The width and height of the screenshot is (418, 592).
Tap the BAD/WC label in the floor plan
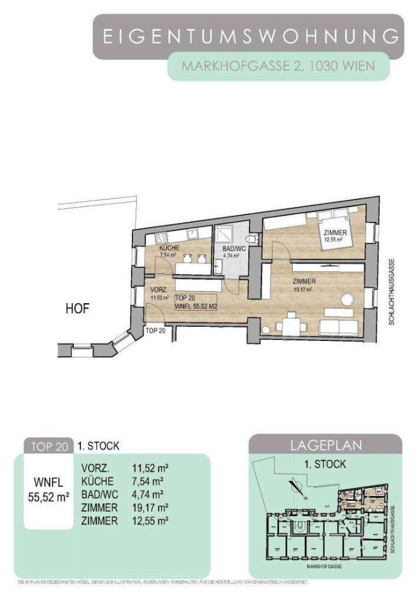pos(234,249)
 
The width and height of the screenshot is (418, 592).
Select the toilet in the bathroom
pos(252,238)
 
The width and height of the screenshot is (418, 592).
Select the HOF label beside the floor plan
pos(78,308)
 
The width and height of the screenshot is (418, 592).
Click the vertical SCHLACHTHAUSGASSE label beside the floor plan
pos(391,293)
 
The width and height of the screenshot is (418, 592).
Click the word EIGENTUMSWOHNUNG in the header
pos(251,37)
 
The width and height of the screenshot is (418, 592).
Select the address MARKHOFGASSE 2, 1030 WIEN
pos(278,66)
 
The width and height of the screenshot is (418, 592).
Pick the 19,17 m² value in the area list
pos(146,507)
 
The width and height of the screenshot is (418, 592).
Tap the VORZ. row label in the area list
pos(94,468)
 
